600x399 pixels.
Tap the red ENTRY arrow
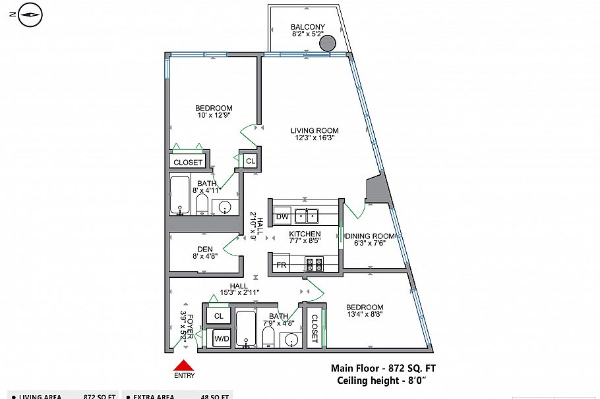(x=184, y=365)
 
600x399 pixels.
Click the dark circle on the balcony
(x=328, y=43)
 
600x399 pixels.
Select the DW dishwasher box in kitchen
(x=282, y=217)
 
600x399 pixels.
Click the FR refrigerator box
(x=282, y=265)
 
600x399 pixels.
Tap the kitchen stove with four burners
(x=314, y=265)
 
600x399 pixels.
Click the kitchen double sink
(x=307, y=215)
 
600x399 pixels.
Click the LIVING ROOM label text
(x=314, y=130)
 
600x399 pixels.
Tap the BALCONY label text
(x=308, y=27)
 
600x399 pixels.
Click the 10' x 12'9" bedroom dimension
(x=214, y=115)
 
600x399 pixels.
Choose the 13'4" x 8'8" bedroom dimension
(x=365, y=315)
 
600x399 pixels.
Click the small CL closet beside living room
(x=251, y=161)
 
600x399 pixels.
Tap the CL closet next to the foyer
(x=219, y=316)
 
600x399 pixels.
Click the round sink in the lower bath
(x=289, y=340)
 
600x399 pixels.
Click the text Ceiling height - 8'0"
(x=383, y=381)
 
